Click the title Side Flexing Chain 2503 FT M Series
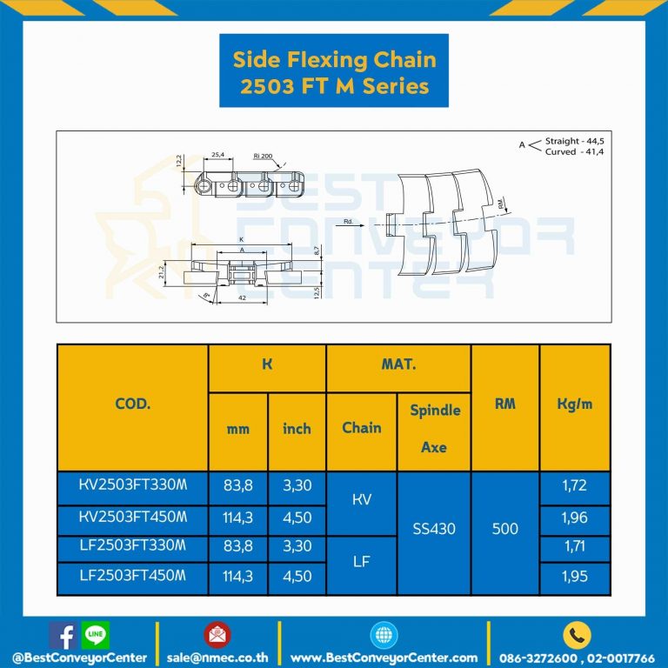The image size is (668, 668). coord(334,72)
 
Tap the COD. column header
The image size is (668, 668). coord(132,404)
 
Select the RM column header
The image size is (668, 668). coord(504,404)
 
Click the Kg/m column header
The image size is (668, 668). coord(574,404)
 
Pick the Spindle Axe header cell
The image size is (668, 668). coord(434,428)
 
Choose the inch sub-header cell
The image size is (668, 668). coord(297,429)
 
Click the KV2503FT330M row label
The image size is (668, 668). coord(132,485)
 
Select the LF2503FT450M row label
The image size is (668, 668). coord(132,576)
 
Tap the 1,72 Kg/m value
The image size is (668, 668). coord(574,485)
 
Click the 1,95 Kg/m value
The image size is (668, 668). coord(574,576)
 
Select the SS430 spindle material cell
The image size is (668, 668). coord(434,529)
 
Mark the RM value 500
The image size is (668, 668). coord(504,529)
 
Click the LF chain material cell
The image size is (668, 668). coord(362,562)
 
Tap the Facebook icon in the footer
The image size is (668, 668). coord(62,635)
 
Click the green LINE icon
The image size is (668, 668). coord(95,635)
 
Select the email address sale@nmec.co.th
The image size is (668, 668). coord(217,658)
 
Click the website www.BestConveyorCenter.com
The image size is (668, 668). coord(384,658)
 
